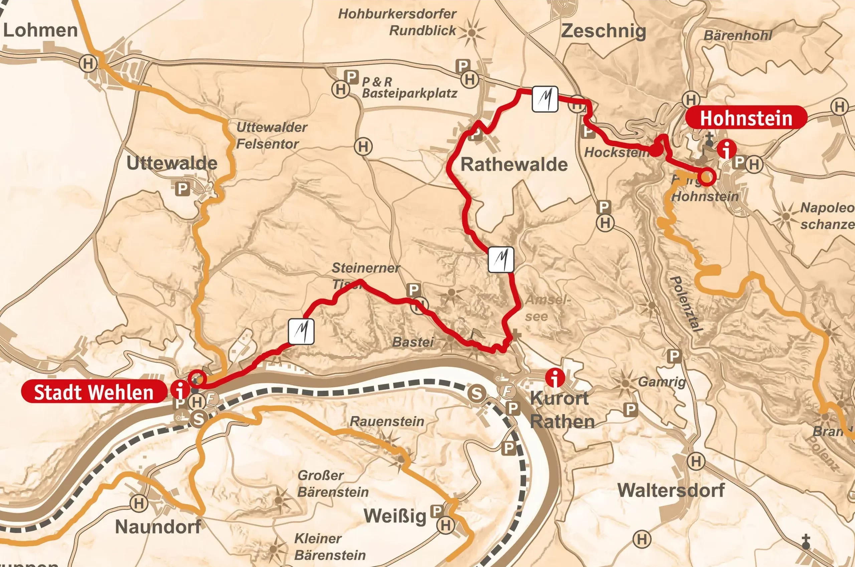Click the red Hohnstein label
[746, 118]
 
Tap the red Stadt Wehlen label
[94, 392]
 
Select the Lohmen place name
[40, 30]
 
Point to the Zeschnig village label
[603, 31]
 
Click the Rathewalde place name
[514, 165]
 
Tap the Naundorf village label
[158, 527]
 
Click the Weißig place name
[395, 516]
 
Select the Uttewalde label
[172, 163]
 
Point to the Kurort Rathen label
[562, 410]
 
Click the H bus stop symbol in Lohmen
[88, 64]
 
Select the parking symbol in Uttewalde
[182, 188]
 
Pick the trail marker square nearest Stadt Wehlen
[301, 331]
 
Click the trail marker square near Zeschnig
[545, 99]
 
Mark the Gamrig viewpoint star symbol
[625, 383]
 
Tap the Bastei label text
[413, 342]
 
